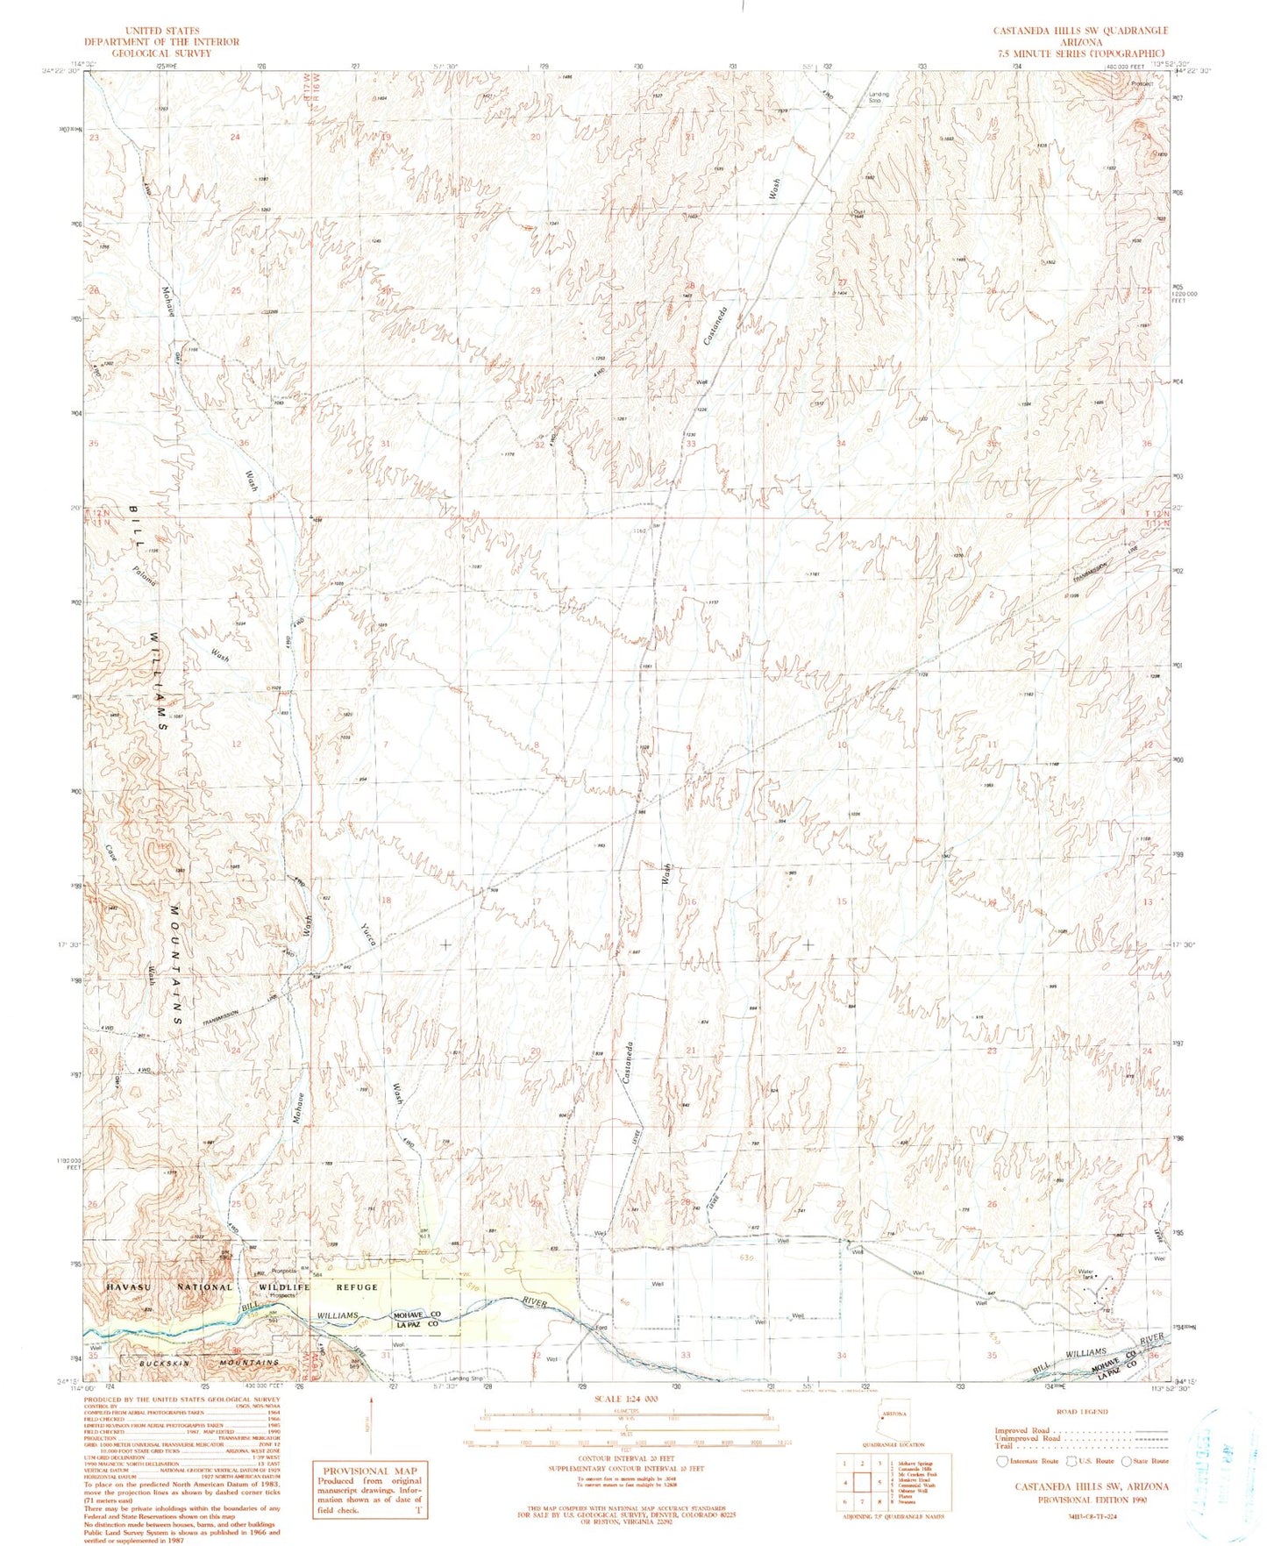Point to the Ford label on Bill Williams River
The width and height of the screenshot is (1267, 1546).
602,1327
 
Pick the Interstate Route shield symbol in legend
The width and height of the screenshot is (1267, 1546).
1001,1461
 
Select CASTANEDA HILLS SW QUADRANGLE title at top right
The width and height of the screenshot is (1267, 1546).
1080,31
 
